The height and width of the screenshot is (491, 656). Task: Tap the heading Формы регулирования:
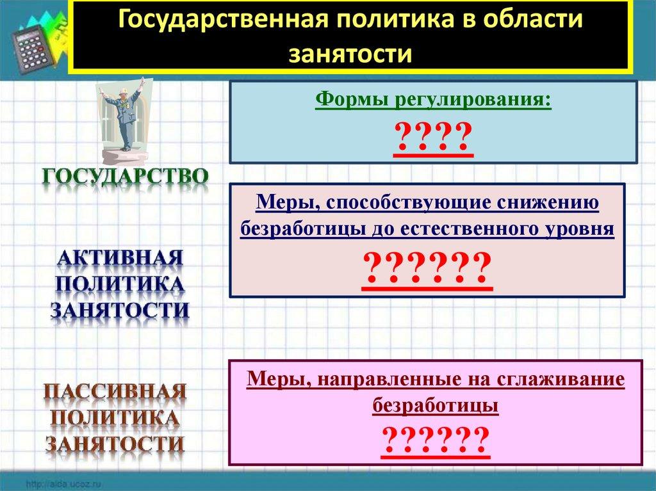(x=433, y=101)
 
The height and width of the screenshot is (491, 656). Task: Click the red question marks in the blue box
(x=433, y=136)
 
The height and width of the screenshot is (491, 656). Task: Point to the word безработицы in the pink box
(x=435, y=405)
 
